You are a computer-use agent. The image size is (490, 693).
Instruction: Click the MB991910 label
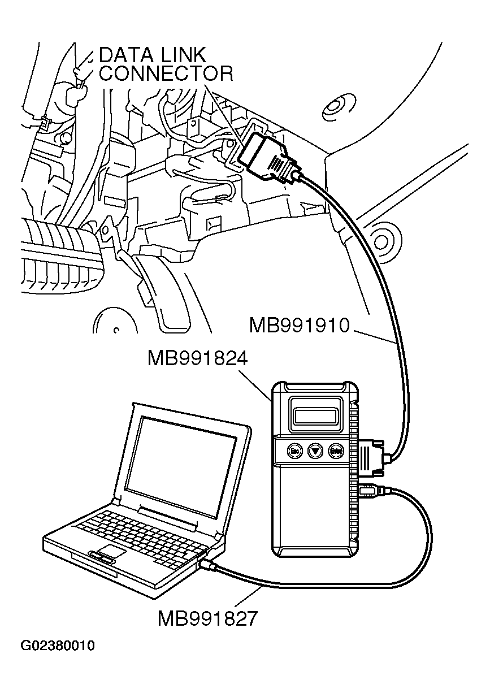click(x=299, y=326)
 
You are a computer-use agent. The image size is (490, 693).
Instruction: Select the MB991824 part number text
click(x=197, y=358)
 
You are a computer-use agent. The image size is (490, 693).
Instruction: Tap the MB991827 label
click(x=207, y=618)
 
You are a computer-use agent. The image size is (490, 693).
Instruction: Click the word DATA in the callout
click(x=127, y=55)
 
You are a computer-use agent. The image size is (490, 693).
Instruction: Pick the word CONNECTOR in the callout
click(x=166, y=74)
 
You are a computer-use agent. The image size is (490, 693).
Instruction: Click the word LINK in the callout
click(x=182, y=55)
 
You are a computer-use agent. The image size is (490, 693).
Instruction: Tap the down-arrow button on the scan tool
click(x=315, y=451)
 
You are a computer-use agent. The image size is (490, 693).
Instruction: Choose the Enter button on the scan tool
click(x=336, y=451)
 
